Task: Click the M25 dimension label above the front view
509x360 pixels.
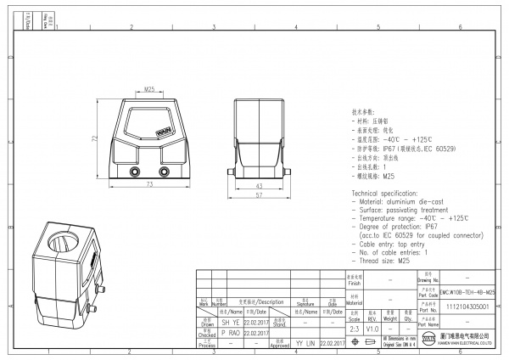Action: [x=148, y=88]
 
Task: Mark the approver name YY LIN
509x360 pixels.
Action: [x=305, y=343]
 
